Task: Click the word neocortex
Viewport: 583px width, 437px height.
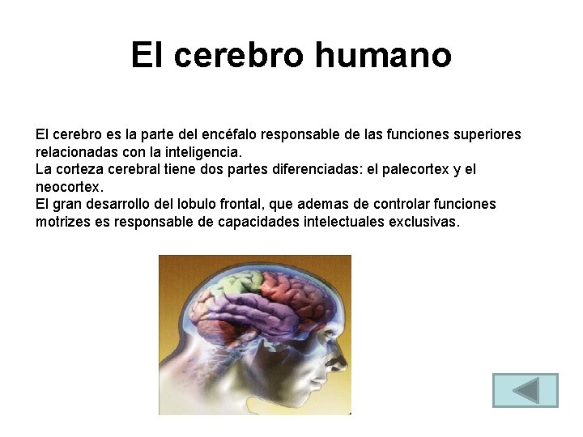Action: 69,187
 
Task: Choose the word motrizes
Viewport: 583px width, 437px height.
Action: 62,222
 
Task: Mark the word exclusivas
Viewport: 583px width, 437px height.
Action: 424,222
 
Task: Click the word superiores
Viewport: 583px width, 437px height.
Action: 485,134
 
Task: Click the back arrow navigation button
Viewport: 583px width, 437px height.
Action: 526,390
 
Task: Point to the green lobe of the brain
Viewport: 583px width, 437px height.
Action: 225,285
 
